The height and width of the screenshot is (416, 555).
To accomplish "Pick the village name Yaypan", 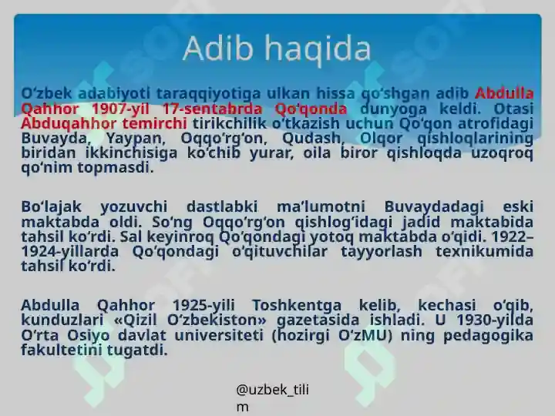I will tap(126, 139).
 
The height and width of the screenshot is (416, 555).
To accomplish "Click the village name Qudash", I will tap(314, 139).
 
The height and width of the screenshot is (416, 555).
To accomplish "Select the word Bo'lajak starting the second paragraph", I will tap(49, 206).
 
